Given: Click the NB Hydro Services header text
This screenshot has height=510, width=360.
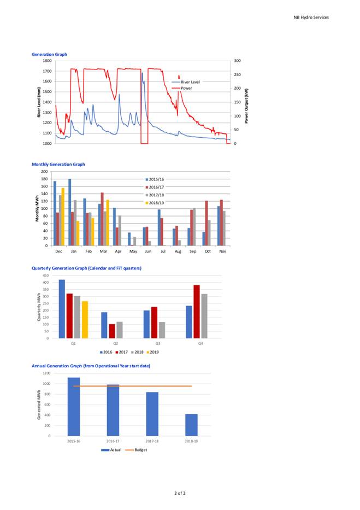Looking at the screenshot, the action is pos(311,17).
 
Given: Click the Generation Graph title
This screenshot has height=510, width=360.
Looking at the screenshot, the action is pos(49,54).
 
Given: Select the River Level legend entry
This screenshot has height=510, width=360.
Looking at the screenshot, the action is pos(186,82).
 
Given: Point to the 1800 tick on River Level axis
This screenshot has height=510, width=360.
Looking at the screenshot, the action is pos(47,61).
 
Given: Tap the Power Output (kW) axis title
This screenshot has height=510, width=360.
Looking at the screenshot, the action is pos(246,106).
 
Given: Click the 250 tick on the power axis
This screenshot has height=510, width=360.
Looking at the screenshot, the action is pos(237,74).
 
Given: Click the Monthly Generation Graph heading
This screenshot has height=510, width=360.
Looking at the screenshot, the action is pos(58,164).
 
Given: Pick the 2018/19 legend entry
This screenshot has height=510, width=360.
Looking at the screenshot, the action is pos(155,203).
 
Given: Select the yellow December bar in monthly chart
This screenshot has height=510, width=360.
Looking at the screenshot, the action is pos(63,216).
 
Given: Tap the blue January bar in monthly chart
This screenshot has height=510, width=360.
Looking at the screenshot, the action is pos(70,213).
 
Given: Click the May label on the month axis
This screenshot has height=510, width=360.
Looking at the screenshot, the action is pos(133,251).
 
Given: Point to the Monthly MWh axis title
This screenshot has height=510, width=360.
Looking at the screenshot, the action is pos(37,208).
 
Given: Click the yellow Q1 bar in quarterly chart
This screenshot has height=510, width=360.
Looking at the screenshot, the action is pos(85,320).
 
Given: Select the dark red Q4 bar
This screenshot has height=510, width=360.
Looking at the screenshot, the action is pos(197,312).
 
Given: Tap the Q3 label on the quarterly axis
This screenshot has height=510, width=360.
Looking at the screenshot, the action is pos(158,343).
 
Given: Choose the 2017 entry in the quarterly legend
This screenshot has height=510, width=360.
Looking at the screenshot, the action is pos(121,352).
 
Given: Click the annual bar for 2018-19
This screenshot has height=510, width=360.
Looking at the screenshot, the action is pos(191,425).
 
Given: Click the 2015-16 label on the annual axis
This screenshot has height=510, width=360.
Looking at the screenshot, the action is pos(74,441).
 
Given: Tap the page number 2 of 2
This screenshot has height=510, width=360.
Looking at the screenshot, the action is pos(180,493).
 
